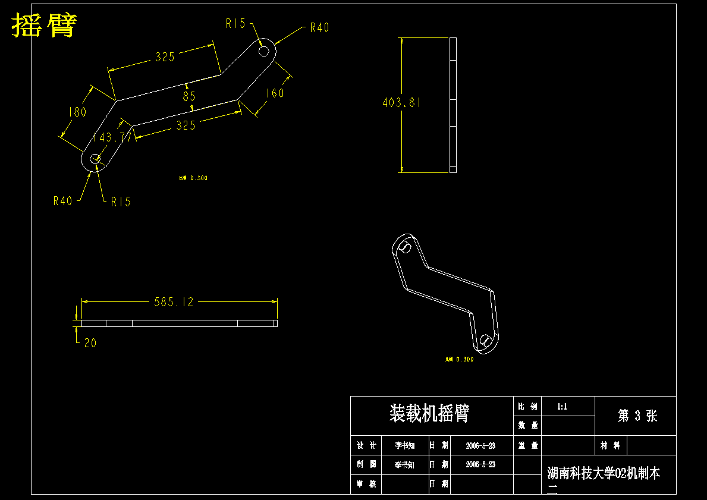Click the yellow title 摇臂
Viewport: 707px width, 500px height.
click(x=44, y=25)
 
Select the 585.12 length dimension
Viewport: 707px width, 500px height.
click(x=174, y=302)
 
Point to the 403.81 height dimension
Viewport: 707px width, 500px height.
click(x=401, y=102)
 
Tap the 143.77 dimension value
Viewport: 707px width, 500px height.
click(x=112, y=137)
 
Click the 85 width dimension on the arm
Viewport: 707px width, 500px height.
click(x=189, y=96)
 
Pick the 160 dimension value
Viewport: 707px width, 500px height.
click(x=275, y=93)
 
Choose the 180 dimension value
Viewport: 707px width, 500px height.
click(x=77, y=112)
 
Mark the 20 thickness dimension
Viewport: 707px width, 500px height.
click(x=90, y=342)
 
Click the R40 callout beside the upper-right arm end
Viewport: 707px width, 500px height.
click(x=319, y=28)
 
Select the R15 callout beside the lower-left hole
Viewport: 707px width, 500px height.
click(x=121, y=202)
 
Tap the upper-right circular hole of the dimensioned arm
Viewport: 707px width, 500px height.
click(x=264, y=51)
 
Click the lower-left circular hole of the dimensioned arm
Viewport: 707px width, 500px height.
click(x=95, y=159)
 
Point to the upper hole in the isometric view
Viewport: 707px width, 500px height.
click(x=406, y=247)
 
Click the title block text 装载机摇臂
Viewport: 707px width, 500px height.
click(x=429, y=413)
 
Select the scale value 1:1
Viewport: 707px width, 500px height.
click(x=562, y=407)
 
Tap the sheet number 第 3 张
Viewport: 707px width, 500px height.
click(x=637, y=416)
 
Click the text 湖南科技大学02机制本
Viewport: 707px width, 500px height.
click(x=604, y=473)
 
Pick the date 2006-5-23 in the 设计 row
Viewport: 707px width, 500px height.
click(x=480, y=445)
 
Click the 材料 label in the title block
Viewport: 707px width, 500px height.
click(x=611, y=445)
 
